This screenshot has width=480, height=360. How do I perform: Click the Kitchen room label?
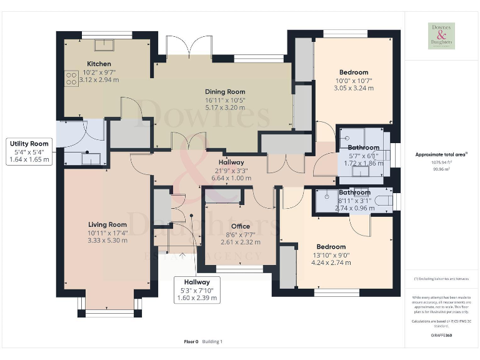click(99, 64)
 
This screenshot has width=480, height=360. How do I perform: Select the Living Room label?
click(107, 224)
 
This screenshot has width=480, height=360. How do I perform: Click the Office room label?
click(240, 226)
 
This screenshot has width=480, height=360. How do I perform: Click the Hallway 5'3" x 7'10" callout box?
click(197, 290)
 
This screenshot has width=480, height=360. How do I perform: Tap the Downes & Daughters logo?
click(441, 36)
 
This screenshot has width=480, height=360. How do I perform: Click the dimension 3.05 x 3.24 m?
click(354, 89)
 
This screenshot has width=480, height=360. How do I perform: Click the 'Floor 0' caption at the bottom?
click(191, 341)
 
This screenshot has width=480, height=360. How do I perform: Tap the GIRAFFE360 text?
click(441, 336)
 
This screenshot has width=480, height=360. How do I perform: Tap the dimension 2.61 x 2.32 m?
click(240, 242)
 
